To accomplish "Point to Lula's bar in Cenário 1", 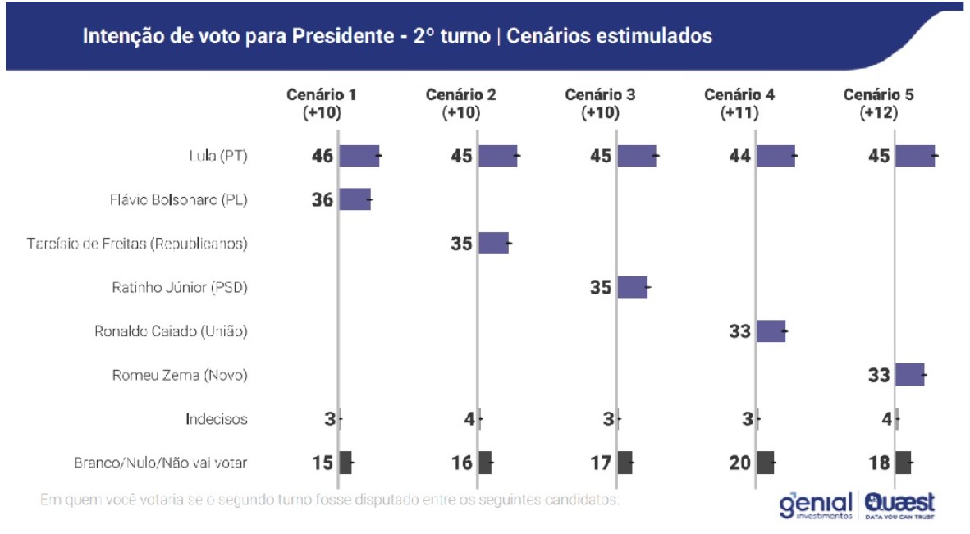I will pos(359,155).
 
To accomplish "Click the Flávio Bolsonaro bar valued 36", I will pos(355,199).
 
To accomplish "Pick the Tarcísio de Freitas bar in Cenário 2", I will pos(493,243).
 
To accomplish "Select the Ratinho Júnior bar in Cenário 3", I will pos(633,287).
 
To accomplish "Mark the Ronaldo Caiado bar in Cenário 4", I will pos(771,331).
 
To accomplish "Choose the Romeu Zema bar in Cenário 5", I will pos(910,375).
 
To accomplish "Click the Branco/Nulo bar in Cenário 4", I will pos(766,463).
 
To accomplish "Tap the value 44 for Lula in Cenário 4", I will pos(740,155).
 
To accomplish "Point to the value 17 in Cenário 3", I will pos(601,463).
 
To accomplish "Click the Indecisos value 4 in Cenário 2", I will pos(469,419).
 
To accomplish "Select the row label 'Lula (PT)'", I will pos(217,156).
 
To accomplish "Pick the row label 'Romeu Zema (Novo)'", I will pos(180,376).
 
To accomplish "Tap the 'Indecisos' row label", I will pos(216,419).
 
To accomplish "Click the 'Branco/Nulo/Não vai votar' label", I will pos(160,463).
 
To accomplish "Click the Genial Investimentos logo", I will pos(816,504).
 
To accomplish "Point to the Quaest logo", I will pos(899,504).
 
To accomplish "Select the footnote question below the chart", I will pos(328,499).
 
